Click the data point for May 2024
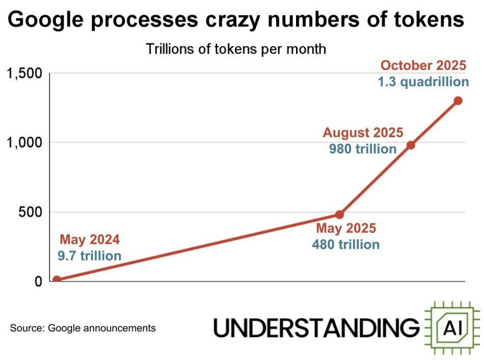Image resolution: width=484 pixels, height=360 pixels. (x=56, y=280)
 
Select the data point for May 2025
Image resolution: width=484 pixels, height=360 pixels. (x=339, y=214)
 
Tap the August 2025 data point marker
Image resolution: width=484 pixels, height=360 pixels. (x=411, y=145)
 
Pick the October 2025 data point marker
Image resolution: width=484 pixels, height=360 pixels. (x=458, y=101)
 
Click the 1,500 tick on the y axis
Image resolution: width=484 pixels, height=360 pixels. (x=23, y=74)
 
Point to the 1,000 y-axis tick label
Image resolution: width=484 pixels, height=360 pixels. (x=23, y=142)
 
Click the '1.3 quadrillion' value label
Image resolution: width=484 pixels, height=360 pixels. (x=423, y=82)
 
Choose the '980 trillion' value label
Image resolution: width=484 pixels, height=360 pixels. (x=363, y=149)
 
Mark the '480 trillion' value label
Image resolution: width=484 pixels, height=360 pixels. (x=346, y=244)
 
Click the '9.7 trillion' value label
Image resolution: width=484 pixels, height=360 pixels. (x=90, y=256)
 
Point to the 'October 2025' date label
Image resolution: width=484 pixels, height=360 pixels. (x=423, y=66)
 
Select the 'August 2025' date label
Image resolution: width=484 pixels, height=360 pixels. (x=363, y=133)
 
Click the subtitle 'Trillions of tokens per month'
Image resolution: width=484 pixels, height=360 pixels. (x=236, y=49)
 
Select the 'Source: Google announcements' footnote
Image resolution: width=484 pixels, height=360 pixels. (x=82, y=328)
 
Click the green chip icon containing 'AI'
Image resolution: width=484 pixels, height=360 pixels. (x=452, y=327)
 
